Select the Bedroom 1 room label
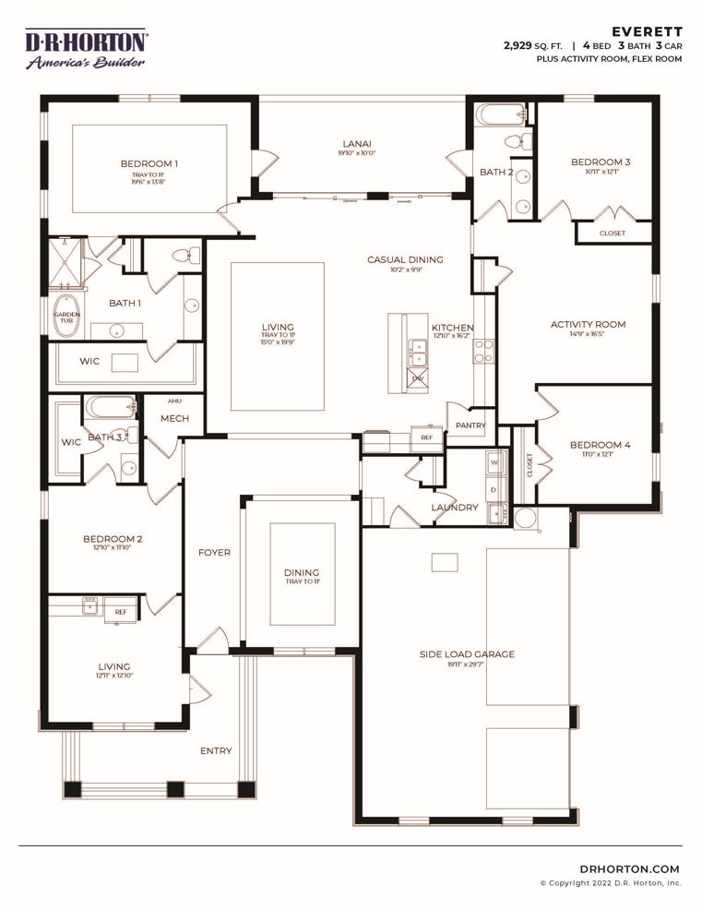click(x=149, y=163)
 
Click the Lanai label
click(x=358, y=143)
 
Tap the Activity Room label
click(x=588, y=324)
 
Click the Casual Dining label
click(x=405, y=259)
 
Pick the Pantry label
click(x=470, y=425)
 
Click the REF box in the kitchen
click(x=427, y=437)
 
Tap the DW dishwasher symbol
click(x=416, y=379)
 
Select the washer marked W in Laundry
click(x=494, y=462)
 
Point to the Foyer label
click(x=214, y=552)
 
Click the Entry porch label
click(x=216, y=750)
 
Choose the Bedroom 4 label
click(x=600, y=445)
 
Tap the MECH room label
click(x=174, y=418)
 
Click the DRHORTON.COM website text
click(x=630, y=868)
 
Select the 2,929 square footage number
click(x=520, y=44)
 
